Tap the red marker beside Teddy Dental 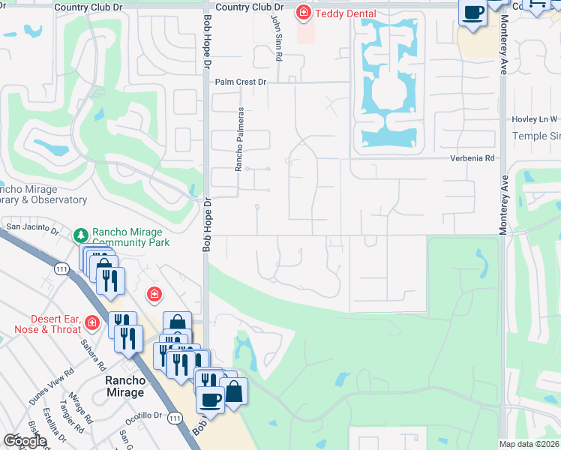tap(303, 12)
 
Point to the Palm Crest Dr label tap(241, 82)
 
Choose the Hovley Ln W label tap(534, 119)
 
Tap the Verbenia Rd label tap(473, 158)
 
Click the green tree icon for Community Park tap(81, 235)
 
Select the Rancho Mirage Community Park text tap(130, 237)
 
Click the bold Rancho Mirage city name tap(124, 386)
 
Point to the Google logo tap(25, 441)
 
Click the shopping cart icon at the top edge tap(537, 4)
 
